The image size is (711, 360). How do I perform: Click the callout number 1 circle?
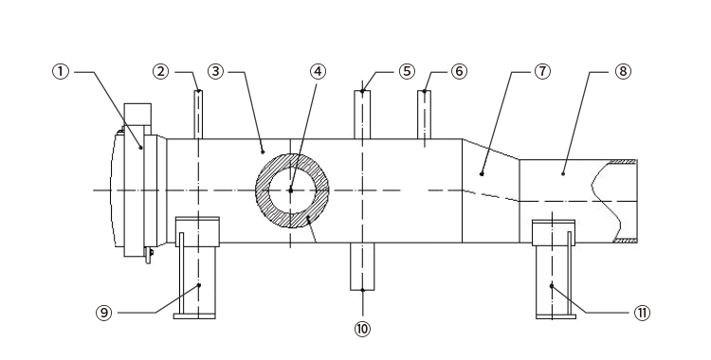click(x=61, y=71)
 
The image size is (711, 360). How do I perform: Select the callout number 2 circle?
click(x=160, y=71)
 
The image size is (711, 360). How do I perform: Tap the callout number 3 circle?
click(x=216, y=71)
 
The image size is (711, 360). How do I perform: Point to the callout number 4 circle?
click(x=318, y=71)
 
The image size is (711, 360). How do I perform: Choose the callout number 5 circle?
click(x=407, y=71)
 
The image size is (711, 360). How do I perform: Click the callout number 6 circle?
click(x=459, y=71)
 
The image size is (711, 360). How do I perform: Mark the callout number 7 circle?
click(x=542, y=71)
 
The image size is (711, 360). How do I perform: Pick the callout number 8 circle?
click(x=623, y=71)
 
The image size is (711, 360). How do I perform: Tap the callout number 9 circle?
click(x=104, y=313)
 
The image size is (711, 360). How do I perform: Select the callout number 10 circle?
click(x=362, y=329)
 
